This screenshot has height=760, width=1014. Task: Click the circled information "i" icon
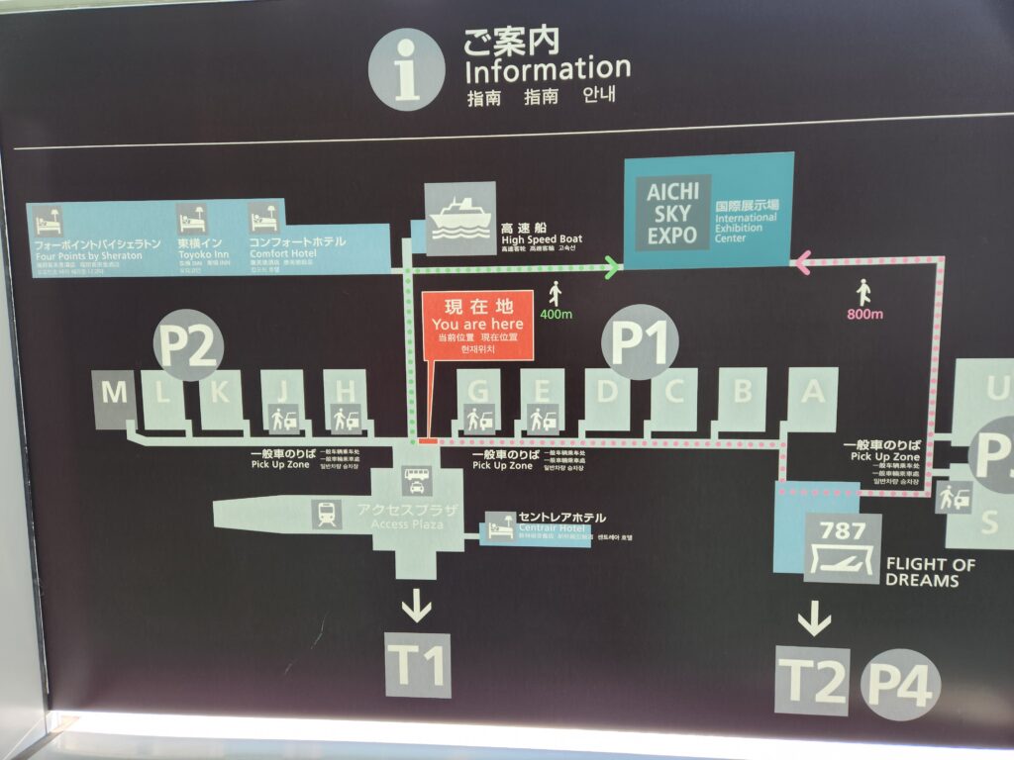tap(406, 69)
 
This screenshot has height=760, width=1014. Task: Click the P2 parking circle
tap(189, 345)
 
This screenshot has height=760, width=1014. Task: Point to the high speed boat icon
tap(460, 219)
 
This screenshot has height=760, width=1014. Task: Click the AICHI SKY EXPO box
tap(673, 212)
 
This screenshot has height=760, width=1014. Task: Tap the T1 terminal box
tap(418, 666)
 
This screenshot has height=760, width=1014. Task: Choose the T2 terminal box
tap(813, 680)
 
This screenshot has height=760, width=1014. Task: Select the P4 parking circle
tap(900, 682)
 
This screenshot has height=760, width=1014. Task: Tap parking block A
tap(812, 397)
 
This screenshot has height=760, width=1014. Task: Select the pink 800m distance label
tap(864, 315)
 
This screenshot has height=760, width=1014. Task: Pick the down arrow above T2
tap(814, 619)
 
